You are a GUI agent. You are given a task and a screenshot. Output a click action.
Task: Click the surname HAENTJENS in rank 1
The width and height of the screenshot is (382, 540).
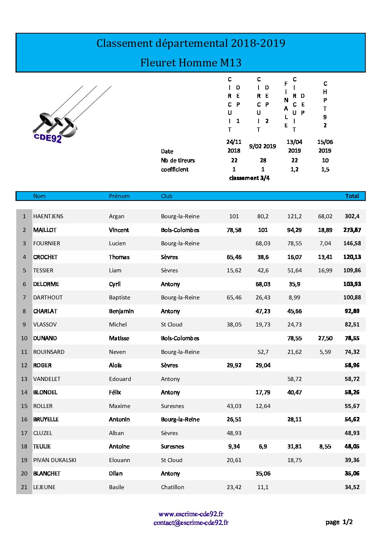48,216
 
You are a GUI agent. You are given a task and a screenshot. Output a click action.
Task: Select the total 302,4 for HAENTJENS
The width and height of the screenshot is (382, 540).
352,216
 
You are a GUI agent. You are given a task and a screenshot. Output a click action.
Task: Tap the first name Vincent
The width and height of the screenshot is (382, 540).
119,230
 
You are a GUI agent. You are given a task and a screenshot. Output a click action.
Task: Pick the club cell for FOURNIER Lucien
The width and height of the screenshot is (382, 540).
180,243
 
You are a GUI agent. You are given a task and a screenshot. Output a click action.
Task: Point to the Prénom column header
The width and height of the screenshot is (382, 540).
119,196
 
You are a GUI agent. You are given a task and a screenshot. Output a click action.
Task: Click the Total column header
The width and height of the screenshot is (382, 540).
352,196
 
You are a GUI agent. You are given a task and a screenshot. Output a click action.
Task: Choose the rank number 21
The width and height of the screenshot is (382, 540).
24,487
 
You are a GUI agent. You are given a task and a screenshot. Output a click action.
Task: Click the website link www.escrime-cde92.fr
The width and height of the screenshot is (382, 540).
191,514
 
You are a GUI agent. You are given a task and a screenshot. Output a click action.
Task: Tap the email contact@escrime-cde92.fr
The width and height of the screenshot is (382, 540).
191,523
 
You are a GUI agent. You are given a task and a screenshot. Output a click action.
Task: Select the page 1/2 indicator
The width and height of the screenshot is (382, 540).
339,522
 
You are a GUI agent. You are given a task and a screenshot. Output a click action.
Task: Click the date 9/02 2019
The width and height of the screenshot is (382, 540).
262,146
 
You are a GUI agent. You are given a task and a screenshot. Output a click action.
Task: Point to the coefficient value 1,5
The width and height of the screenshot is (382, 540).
325,170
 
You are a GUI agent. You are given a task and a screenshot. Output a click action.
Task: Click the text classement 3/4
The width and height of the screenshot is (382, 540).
249,178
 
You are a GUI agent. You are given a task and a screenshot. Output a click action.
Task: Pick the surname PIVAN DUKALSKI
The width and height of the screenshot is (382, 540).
55,460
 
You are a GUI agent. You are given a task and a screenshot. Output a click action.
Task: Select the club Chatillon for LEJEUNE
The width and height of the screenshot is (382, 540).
173,487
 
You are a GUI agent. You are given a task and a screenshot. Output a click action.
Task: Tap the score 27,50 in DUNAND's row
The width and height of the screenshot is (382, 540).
325,338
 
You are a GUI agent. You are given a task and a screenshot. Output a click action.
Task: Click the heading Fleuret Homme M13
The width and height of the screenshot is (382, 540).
191,63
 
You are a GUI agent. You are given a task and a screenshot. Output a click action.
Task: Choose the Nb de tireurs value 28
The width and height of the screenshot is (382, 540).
263,161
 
